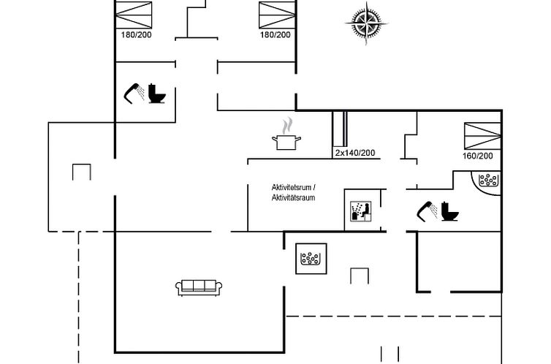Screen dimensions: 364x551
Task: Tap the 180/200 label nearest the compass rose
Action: (275, 34)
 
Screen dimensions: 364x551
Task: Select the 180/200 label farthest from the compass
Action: (135, 34)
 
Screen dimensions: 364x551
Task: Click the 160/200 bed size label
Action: (478, 156)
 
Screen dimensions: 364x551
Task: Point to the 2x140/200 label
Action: (354, 153)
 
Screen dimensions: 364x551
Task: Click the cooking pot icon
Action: (286, 140)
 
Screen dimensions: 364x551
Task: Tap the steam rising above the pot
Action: (289, 123)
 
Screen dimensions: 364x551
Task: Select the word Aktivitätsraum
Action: (292, 198)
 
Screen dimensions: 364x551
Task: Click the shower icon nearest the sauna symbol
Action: (427, 211)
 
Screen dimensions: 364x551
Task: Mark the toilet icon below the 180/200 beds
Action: (156, 94)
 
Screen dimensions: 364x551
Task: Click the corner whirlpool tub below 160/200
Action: (487, 180)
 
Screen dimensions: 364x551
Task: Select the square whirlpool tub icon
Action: (311, 258)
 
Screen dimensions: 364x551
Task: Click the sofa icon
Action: (198, 287)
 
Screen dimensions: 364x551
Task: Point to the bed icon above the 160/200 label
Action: (482, 136)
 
